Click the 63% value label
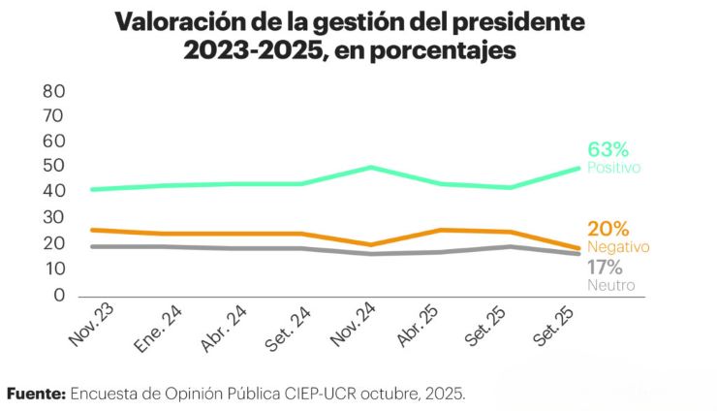point(608,149)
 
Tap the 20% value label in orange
point(608,230)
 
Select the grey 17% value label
point(606,269)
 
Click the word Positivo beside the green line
point(614,168)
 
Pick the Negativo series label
point(618,247)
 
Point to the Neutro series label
point(610,286)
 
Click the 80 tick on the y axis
point(52,91)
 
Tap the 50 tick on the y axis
point(52,166)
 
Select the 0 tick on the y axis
point(58,295)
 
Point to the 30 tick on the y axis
point(52,217)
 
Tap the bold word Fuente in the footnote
point(35,394)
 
